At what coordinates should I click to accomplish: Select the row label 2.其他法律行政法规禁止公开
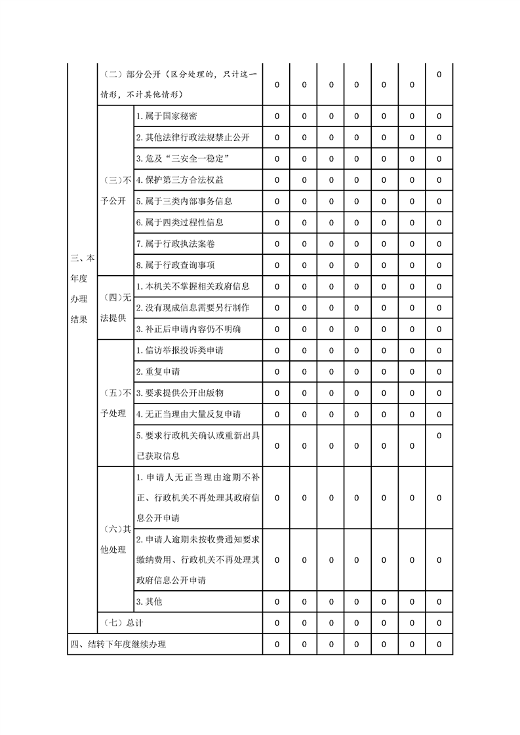pos(193,138)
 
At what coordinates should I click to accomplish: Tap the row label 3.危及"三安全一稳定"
pos(182,159)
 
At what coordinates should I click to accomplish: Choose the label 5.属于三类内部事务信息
pos(184,201)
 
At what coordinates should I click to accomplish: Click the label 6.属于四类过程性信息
pos(180,222)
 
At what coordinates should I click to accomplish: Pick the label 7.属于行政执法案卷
pos(175,244)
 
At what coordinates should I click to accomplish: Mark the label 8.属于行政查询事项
pos(175,265)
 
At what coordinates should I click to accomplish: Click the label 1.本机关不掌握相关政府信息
pos(193,286)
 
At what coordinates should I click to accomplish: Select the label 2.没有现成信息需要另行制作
pos(193,307)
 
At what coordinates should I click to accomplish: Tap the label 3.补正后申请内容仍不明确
pos(188,329)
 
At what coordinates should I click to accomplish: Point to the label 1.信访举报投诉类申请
pos(180,350)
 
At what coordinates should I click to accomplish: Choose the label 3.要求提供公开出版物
pos(180,393)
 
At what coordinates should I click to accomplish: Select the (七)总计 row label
pos(124,622)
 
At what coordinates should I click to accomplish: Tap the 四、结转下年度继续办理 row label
pos(118,644)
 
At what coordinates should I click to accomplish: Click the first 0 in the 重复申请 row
pos(277,371)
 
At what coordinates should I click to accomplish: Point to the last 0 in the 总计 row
pos(439,622)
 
